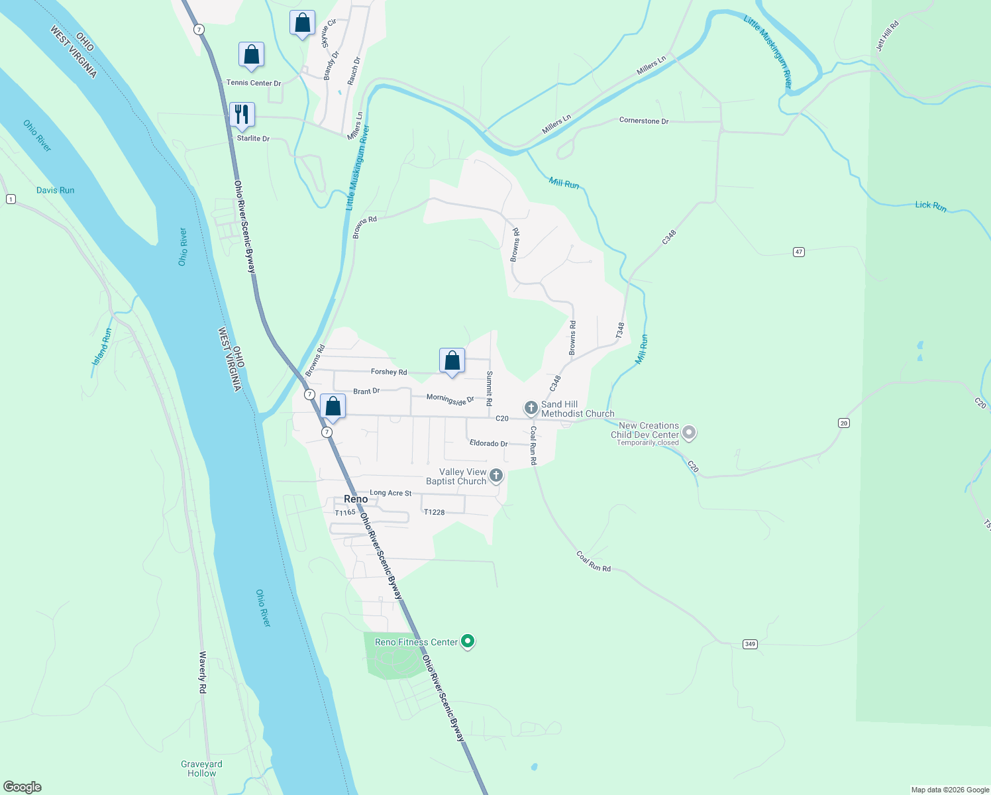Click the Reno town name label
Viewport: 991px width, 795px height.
[x=356, y=499]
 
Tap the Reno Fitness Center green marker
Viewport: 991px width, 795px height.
[x=468, y=641]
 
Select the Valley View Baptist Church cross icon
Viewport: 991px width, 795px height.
[x=496, y=476]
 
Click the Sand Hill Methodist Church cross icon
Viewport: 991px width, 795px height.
[x=531, y=407]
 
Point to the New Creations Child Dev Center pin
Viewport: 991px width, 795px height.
[x=689, y=433]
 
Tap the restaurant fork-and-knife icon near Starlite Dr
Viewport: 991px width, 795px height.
[x=242, y=115]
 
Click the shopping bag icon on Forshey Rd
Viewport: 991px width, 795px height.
[x=452, y=361]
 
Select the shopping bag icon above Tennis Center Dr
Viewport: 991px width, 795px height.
[x=251, y=55]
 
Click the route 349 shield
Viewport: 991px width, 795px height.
[x=750, y=644]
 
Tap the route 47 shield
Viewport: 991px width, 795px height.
[x=799, y=252]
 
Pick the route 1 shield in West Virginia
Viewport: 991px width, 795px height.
[x=11, y=199]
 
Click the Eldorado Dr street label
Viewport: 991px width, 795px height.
[x=488, y=443]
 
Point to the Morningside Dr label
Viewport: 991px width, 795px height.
[x=450, y=399]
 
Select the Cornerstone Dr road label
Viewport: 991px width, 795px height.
[x=644, y=121]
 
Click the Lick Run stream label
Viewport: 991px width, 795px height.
[x=931, y=206]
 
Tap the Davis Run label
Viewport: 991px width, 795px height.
[x=56, y=190]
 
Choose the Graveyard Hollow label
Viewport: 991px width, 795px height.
[x=201, y=768]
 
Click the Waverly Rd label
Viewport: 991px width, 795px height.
[x=203, y=672]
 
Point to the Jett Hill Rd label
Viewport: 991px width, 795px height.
[x=888, y=36]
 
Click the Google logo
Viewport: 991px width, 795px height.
[x=23, y=787]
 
